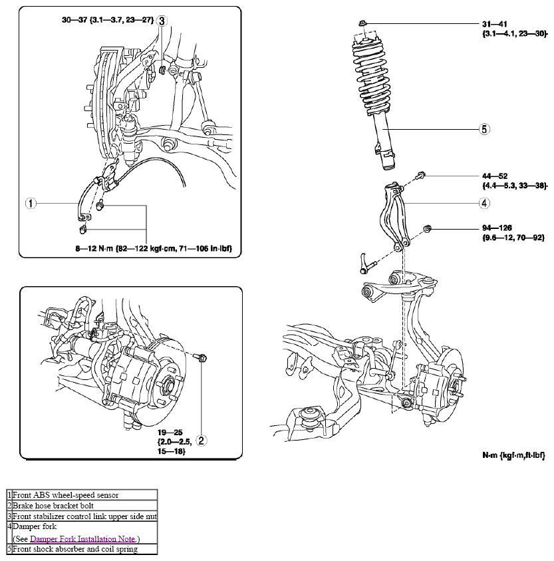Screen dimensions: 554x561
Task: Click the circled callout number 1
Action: [31, 203]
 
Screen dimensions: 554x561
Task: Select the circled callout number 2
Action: [201, 441]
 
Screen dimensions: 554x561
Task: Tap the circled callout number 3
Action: [162, 21]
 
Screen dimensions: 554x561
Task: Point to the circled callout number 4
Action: [484, 203]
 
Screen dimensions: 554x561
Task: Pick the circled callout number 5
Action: [484, 129]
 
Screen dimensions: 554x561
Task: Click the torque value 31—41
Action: [495, 24]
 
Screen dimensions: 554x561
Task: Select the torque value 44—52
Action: [495, 176]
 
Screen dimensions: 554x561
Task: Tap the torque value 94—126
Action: [497, 228]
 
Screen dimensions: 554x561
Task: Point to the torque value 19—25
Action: [170, 433]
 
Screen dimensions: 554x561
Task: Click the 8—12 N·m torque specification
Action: [154, 248]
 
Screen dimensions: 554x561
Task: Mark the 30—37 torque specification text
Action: [108, 20]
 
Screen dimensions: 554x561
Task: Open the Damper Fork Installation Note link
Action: [82, 539]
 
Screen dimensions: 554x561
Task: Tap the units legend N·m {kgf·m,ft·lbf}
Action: [513, 455]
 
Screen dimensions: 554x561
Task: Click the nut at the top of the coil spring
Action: [362, 23]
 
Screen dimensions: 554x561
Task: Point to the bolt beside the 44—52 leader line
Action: [420, 176]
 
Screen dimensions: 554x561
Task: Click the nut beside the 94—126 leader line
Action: [427, 228]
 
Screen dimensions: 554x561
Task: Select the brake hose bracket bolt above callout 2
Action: [201, 357]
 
